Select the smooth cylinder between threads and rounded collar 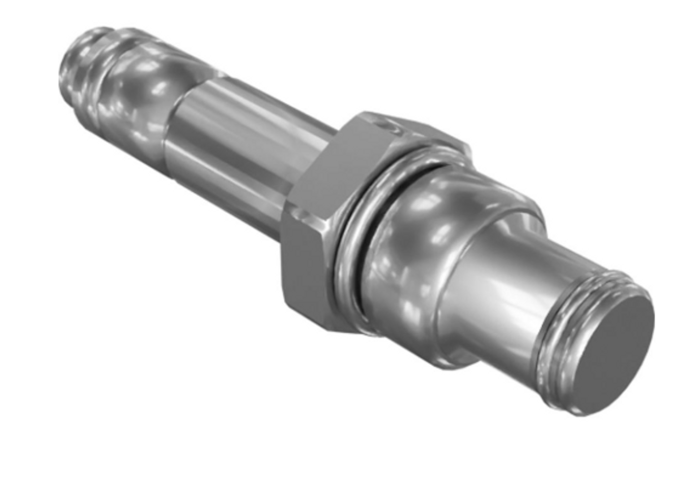pyautogui.click(x=500, y=295)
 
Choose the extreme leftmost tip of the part pyautogui.click(x=60, y=79)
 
